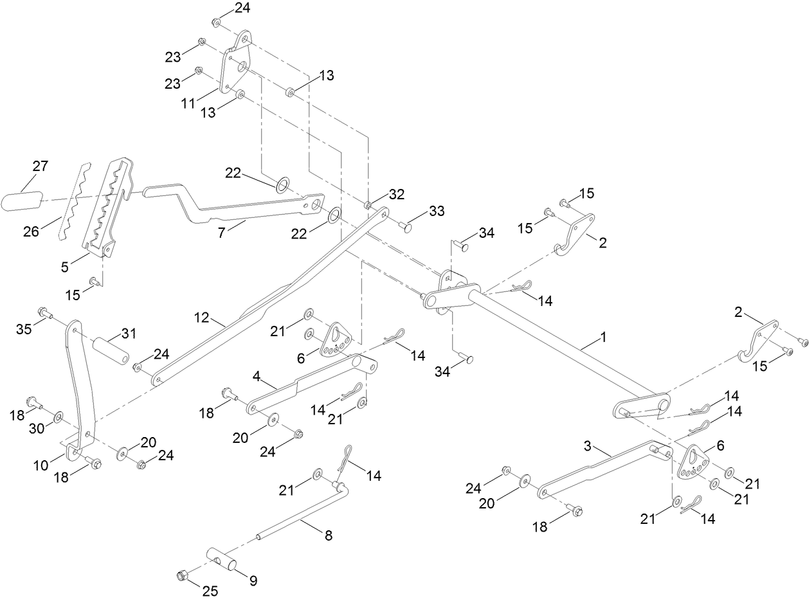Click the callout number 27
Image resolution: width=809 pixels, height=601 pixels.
40,166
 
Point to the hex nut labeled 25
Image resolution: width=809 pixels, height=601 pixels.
182,575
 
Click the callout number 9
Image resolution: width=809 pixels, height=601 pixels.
253,580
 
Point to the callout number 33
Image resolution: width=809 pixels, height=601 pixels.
437,210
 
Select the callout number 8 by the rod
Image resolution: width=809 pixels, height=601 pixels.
328,535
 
